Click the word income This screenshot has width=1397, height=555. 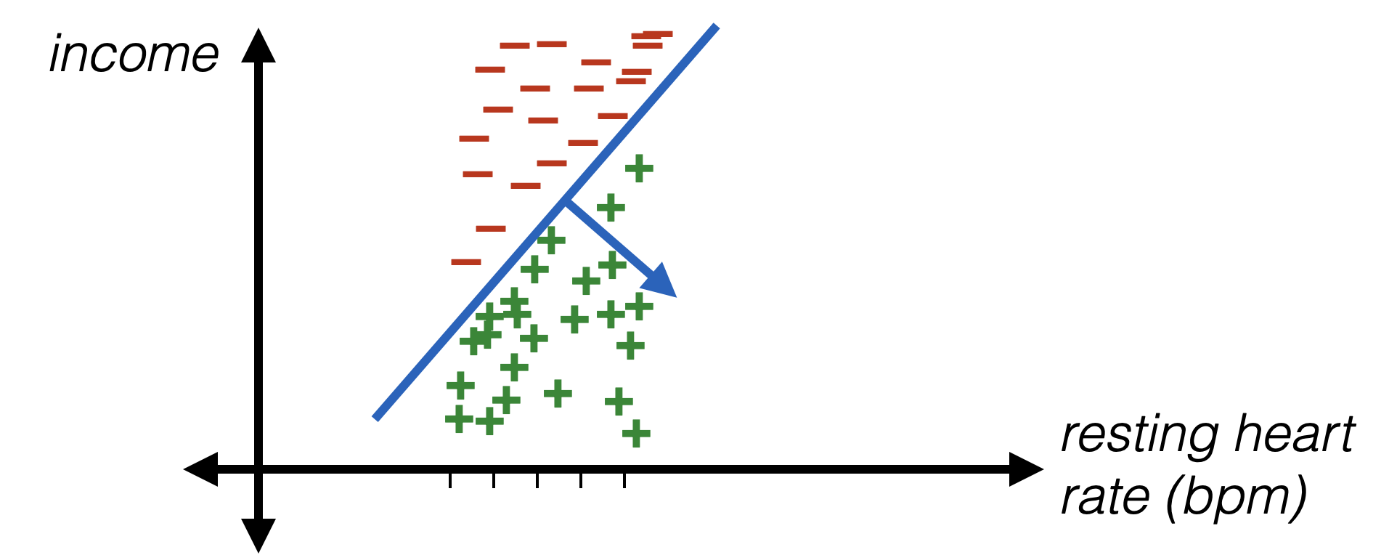coord(134,55)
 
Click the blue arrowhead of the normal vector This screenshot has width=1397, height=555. coord(662,283)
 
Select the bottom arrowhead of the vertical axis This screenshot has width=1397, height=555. coord(258,538)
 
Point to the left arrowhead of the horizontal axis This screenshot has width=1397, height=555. coord(200,469)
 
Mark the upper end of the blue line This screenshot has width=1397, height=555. coord(716,27)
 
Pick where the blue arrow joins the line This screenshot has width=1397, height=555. coord(564,206)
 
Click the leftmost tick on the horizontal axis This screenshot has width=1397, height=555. coord(450,480)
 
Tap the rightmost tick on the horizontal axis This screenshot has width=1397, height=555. coord(624,480)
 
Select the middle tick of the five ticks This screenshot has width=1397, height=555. coord(537,480)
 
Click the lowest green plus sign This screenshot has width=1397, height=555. coord(636,434)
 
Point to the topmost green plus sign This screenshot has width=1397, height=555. coord(639,169)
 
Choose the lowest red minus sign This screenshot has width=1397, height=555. coord(467,262)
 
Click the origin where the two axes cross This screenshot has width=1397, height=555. coord(258,469)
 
